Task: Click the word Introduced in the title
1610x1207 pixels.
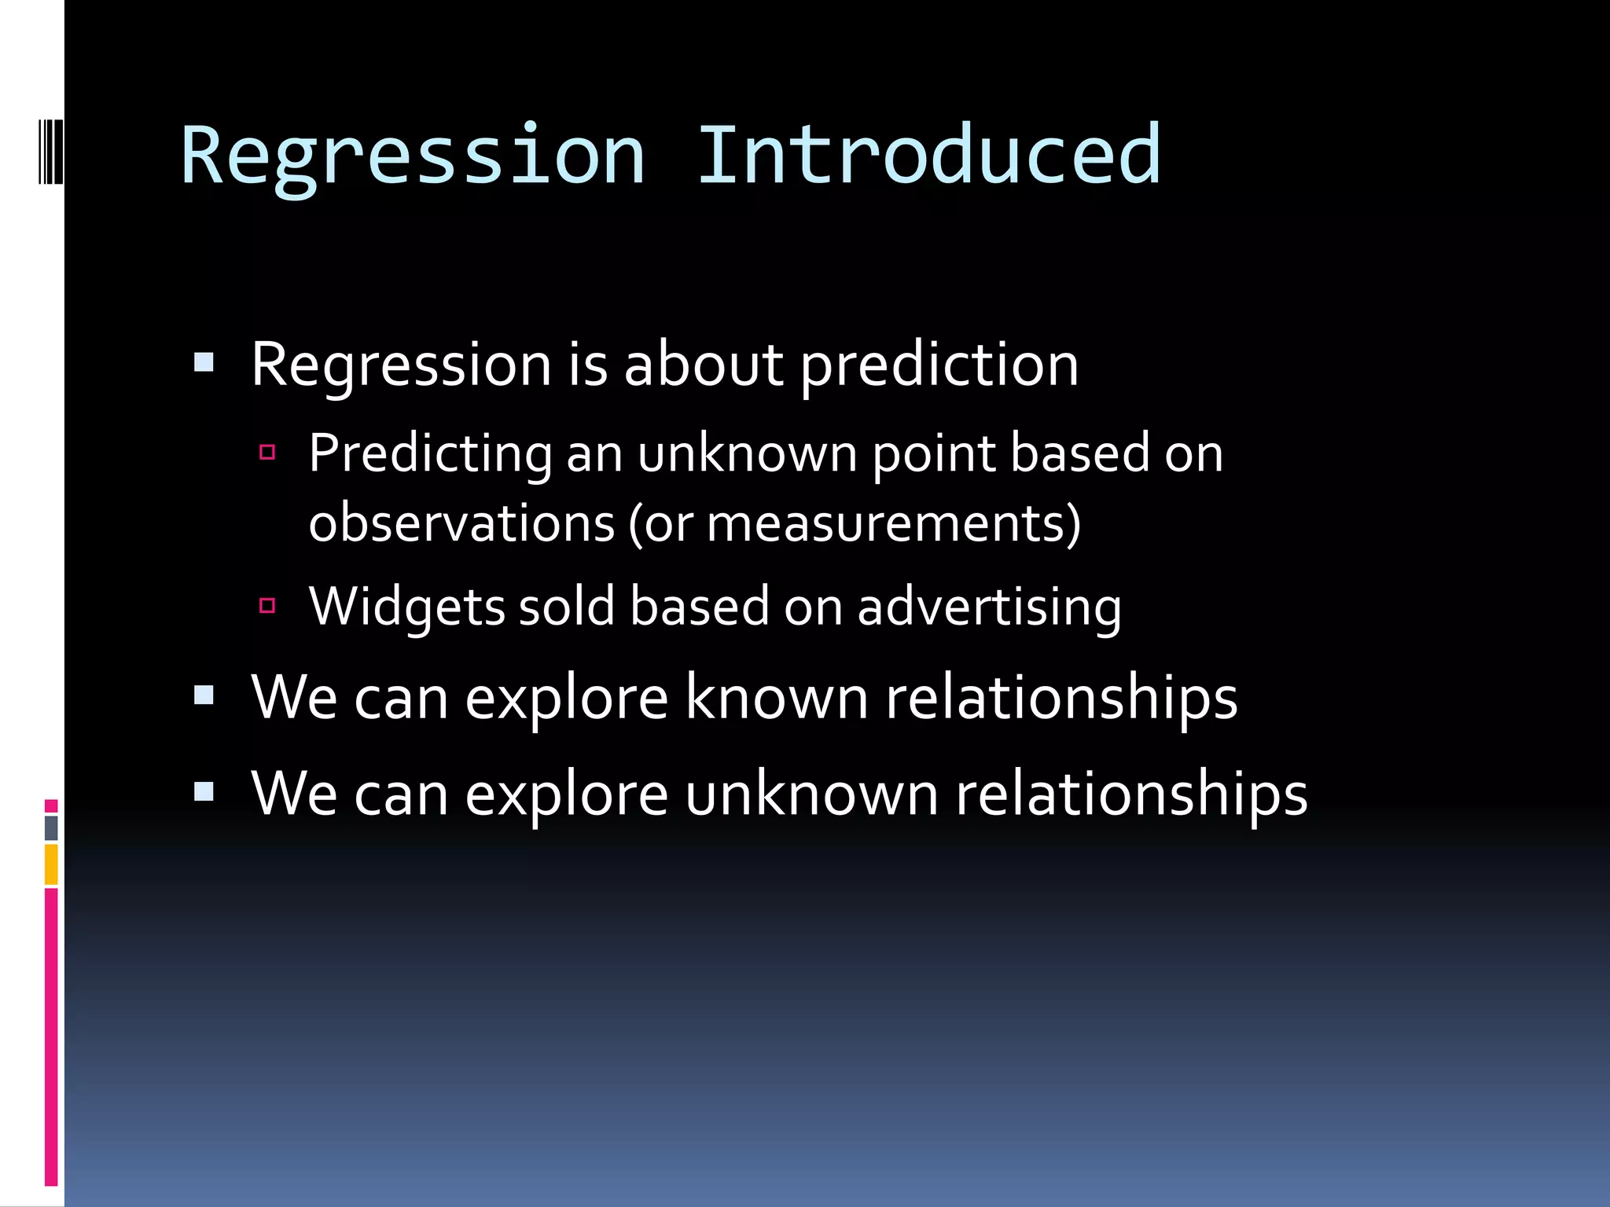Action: pos(928,156)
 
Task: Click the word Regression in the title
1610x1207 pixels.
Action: pos(413,156)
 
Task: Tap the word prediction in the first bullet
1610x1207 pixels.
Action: pos(939,366)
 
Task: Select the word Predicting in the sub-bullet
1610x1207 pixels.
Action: pos(430,454)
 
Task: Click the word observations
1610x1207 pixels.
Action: pos(461,523)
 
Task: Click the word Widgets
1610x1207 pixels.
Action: pos(406,607)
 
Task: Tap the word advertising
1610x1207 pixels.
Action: pos(989,607)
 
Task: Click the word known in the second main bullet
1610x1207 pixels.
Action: pos(776,698)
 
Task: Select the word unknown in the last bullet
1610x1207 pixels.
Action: pos(811,794)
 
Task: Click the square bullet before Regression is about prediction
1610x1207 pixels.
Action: pos(204,362)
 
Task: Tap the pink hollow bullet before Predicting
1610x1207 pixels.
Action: pos(267,452)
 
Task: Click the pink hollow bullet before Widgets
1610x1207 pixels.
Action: pos(267,605)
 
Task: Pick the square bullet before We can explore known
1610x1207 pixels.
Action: pos(204,695)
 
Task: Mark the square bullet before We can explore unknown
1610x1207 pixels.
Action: pos(204,791)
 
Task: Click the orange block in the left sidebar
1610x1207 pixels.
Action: pos(51,864)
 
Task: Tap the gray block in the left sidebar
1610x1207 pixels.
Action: pos(51,827)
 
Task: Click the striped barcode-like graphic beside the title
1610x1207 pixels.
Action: pos(50,151)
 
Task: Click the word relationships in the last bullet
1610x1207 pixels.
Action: pos(1131,794)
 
